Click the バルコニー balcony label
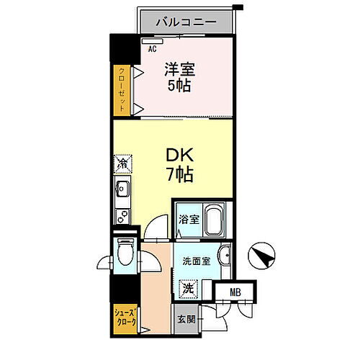point(186,22)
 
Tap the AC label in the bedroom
point(152,49)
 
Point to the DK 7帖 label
point(179,164)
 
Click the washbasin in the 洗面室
point(226,256)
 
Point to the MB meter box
point(235,291)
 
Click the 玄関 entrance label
point(186,318)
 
